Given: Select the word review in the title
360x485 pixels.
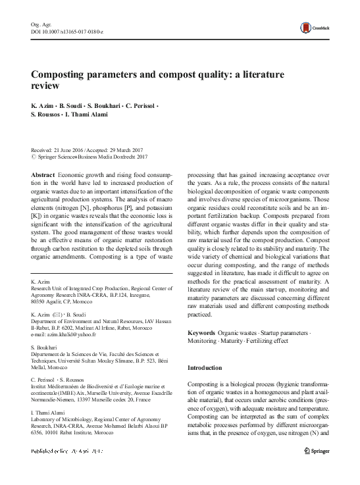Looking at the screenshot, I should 45,86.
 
